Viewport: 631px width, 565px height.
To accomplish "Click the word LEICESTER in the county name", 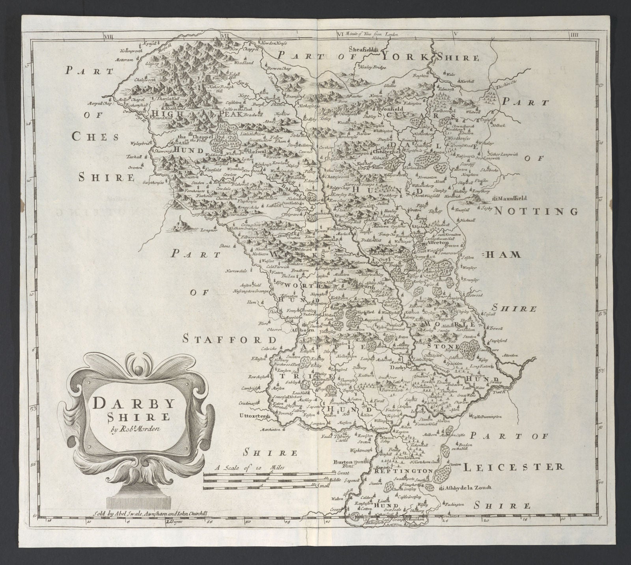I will (x=512, y=468).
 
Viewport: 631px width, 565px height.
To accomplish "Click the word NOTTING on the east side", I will (x=536, y=211).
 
